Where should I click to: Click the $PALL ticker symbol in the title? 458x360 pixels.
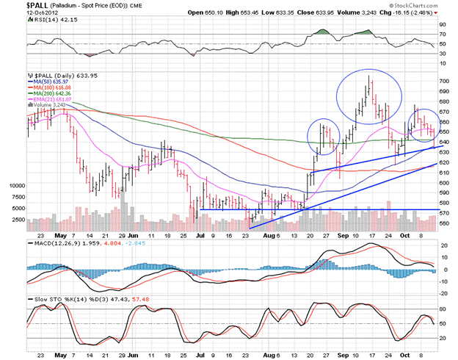coord(16,6)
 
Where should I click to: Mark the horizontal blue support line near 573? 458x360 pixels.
coord(316,209)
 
